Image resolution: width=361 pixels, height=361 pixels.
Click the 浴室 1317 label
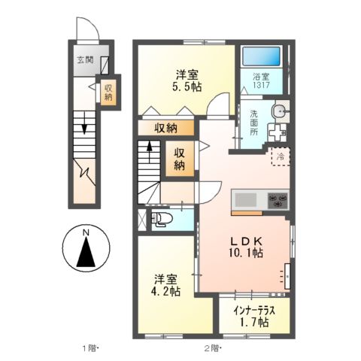pyautogui.click(x=262, y=80)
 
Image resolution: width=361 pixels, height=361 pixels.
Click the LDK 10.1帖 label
pyautogui.click(x=246, y=246)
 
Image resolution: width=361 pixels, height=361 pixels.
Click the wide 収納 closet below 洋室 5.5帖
pyautogui.click(x=166, y=128)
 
